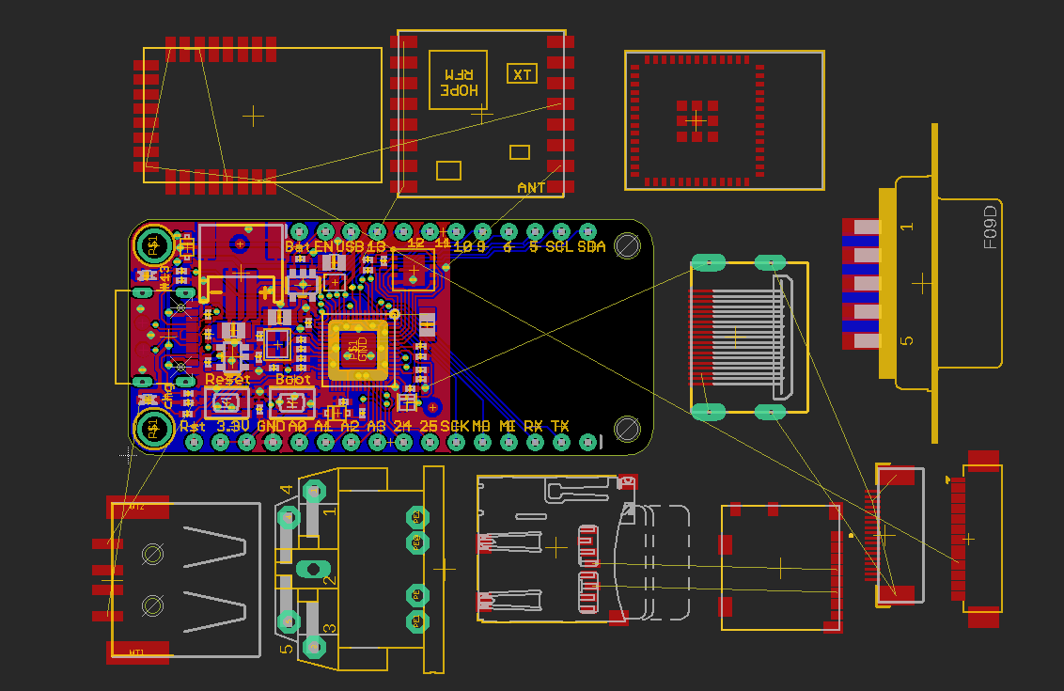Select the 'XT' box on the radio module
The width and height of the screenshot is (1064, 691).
point(522,74)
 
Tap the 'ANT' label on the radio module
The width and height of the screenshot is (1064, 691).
point(531,188)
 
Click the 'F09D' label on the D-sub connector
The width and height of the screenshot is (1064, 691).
point(990,228)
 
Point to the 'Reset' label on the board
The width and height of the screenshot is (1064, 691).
point(228,380)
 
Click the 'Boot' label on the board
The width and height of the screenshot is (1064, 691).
point(292,380)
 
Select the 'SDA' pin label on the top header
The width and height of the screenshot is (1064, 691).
point(591,247)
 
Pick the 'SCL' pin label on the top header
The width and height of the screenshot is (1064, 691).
point(559,247)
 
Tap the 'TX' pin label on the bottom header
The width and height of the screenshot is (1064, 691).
point(559,426)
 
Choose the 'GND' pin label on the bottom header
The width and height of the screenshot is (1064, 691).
point(271,426)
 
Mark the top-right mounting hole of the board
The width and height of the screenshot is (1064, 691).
point(627,246)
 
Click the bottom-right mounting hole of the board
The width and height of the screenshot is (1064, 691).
point(627,429)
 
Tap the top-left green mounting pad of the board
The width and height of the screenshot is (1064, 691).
point(151,246)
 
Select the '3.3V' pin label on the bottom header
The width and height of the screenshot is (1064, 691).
point(233,426)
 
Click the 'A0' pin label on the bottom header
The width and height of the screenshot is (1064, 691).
point(298,426)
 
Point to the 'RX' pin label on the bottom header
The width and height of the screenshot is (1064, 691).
point(533,426)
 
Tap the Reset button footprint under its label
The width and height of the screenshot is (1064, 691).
point(227,402)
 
